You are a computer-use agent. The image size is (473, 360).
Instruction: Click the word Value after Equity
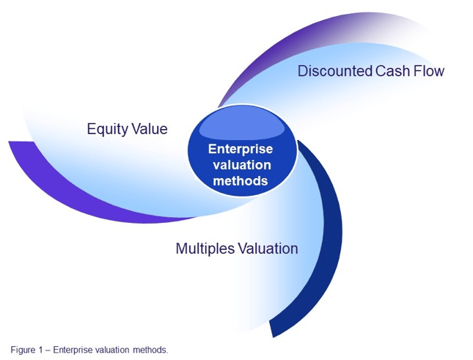150,130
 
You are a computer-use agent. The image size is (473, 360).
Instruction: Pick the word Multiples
205,249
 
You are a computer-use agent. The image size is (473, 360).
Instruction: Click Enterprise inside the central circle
241,149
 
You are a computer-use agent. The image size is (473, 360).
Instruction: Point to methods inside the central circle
241,180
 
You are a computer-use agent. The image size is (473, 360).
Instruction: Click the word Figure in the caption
22,349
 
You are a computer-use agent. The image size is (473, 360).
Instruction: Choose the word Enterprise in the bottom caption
73,349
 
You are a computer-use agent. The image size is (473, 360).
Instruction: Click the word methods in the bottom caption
150,349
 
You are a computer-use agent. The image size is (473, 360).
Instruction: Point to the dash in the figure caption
48,349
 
